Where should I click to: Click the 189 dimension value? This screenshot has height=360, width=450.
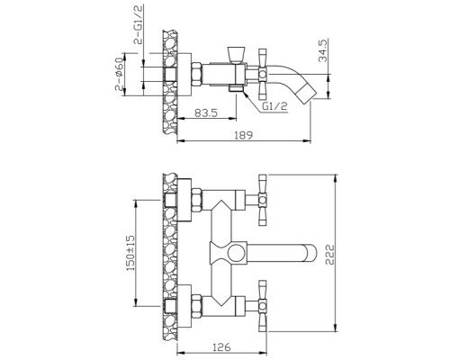(x=244, y=135)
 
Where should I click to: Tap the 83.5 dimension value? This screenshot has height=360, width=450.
(x=206, y=112)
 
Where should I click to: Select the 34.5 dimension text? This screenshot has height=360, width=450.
(x=322, y=51)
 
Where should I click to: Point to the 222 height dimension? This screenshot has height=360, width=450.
(x=329, y=255)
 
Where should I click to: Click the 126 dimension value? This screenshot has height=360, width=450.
(x=221, y=347)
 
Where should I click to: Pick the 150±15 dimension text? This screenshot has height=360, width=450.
(x=130, y=254)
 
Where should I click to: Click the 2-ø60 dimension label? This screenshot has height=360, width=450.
(x=119, y=74)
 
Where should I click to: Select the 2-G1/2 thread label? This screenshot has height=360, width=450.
(x=139, y=24)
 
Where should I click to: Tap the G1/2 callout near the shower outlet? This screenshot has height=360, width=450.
(x=274, y=105)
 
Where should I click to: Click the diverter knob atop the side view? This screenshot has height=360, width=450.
(x=236, y=55)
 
